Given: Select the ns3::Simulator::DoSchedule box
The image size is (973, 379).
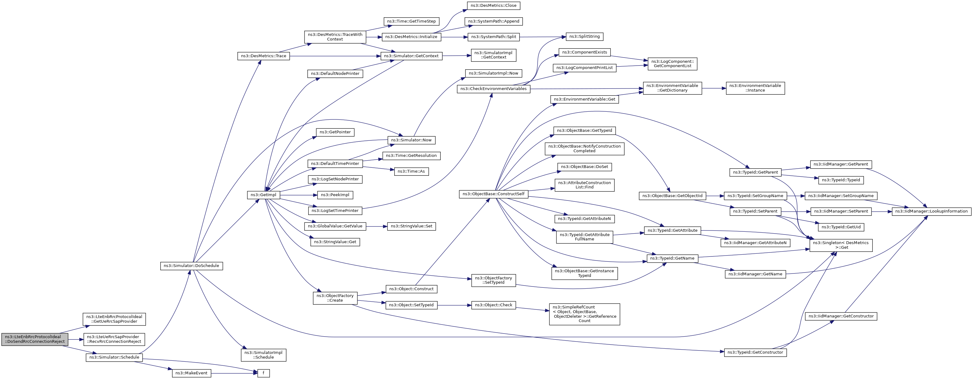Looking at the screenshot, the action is coord(192,266).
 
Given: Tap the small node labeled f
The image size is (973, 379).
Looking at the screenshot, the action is coord(264,373).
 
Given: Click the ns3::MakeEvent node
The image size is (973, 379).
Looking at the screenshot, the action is coord(192,373).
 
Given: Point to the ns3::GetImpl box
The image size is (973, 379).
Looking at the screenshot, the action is coord(263,195).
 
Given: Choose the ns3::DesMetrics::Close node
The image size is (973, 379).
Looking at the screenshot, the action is coord(493,6).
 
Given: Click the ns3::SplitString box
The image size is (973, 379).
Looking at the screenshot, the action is coord(584,37).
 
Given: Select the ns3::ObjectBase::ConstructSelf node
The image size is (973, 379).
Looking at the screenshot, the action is coord(493,194).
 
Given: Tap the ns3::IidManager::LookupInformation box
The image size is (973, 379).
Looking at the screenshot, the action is coord(932,211).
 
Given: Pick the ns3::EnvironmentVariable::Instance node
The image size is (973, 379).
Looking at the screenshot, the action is coord(755,88).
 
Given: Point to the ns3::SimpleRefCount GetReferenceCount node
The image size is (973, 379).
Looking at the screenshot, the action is coord(584,314).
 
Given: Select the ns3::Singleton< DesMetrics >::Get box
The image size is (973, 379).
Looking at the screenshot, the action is coord(841,245).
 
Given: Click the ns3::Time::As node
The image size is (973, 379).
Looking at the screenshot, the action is coord(411,171).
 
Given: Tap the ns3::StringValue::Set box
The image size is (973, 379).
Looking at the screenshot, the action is coord(411,226).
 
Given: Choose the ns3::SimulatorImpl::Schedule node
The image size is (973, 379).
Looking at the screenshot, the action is coord(263,355).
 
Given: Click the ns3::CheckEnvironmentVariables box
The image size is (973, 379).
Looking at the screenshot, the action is coord(493,89).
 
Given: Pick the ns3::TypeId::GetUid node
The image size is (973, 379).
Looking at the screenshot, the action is coord(841,227).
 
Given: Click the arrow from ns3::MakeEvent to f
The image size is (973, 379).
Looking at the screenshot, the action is coord(234,373).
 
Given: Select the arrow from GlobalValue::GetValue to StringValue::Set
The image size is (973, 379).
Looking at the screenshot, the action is coord(377,226).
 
